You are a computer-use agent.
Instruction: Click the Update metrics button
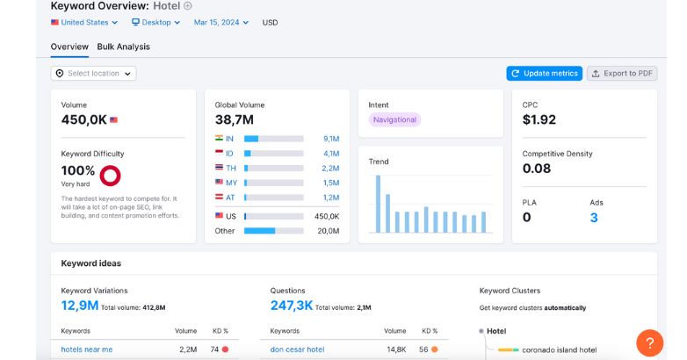544,74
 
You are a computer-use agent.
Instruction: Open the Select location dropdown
93,74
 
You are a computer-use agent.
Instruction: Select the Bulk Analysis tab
123,47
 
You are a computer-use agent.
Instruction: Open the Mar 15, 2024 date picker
221,23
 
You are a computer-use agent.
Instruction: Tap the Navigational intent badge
394,119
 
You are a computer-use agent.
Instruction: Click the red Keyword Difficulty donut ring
111,176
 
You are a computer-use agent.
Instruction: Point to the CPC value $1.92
539,119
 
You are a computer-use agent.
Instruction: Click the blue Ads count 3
594,218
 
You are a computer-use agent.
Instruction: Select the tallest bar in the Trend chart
378,204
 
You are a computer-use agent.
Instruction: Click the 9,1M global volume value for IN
330,139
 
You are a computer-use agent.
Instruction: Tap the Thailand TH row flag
219,168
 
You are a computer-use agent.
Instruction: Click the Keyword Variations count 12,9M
79,306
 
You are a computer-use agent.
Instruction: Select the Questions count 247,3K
292,306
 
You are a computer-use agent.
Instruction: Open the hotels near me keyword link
87,349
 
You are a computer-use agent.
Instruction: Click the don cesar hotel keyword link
297,349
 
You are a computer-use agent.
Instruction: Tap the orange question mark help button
649,342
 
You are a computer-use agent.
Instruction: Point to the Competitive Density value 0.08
537,169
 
